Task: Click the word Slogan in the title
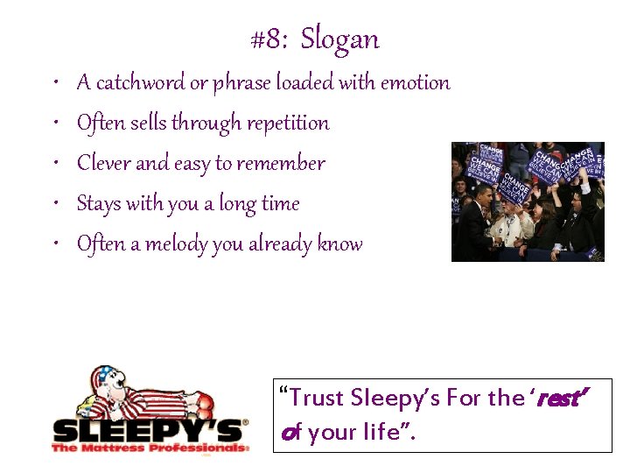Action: (340, 39)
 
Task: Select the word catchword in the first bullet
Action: (139, 83)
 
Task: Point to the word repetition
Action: (286, 124)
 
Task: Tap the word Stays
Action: (98, 204)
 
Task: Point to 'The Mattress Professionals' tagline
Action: (149, 448)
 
